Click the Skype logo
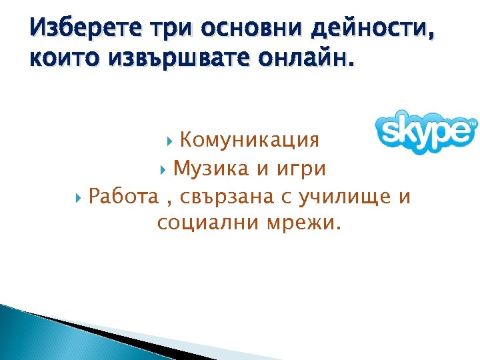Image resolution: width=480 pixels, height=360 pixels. [x=425, y=131]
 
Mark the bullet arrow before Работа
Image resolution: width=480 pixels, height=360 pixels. [x=79, y=197]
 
